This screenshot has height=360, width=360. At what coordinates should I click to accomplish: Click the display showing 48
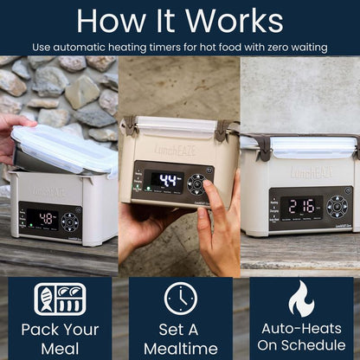[42, 220]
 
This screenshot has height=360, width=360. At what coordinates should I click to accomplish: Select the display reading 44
[167, 182]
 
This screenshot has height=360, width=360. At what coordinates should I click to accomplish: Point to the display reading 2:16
[301, 206]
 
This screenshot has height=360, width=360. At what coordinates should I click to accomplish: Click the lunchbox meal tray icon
[60, 299]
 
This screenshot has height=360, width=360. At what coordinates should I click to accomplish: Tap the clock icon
[180, 299]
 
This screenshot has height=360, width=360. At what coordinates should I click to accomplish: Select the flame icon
[301, 298]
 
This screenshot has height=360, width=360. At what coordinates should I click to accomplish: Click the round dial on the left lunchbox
[70, 221]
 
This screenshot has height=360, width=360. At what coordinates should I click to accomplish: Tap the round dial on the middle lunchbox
[198, 183]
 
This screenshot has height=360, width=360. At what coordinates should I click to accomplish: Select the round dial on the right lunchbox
[337, 206]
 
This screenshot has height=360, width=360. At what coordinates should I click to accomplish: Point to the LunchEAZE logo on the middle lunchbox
[175, 148]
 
